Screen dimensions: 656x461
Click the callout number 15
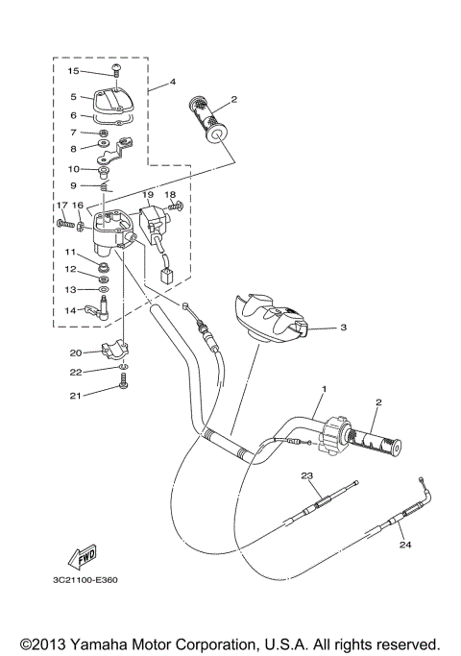tap(73, 71)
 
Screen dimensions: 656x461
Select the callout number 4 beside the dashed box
tap(173, 82)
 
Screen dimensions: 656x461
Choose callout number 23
tap(308, 476)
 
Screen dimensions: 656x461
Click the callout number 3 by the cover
tap(343, 328)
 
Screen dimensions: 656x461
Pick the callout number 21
tap(75, 394)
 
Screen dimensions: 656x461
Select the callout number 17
tap(61, 206)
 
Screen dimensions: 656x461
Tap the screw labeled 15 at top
tap(115, 72)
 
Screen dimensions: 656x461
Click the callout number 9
tap(73, 184)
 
